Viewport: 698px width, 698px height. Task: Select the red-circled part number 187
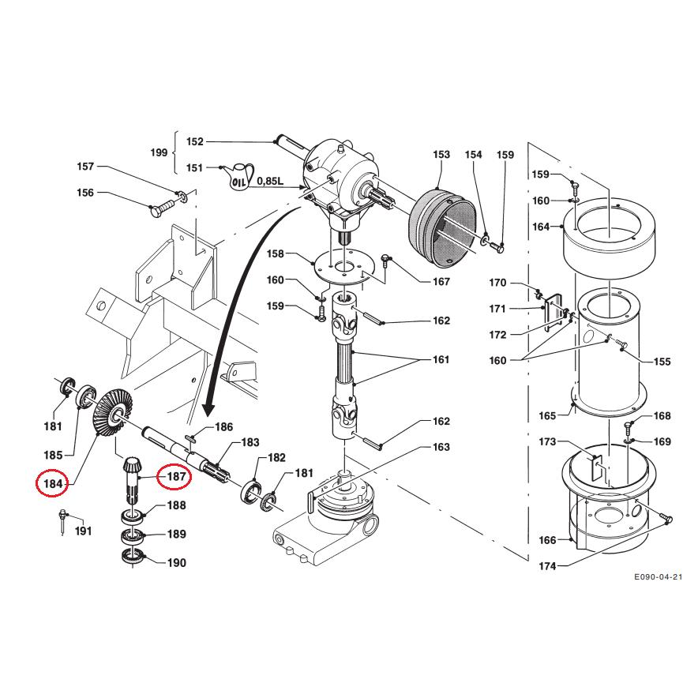click(175, 477)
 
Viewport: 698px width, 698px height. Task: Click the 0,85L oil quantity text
click(270, 181)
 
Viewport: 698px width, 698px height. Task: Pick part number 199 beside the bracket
click(159, 152)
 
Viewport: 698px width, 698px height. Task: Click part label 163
click(441, 448)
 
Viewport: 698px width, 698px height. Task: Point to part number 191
click(84, 531)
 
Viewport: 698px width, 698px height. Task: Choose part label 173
click(547, 441)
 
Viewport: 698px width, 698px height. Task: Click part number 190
click(176, 563)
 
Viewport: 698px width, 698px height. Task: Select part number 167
click(441, 282)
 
